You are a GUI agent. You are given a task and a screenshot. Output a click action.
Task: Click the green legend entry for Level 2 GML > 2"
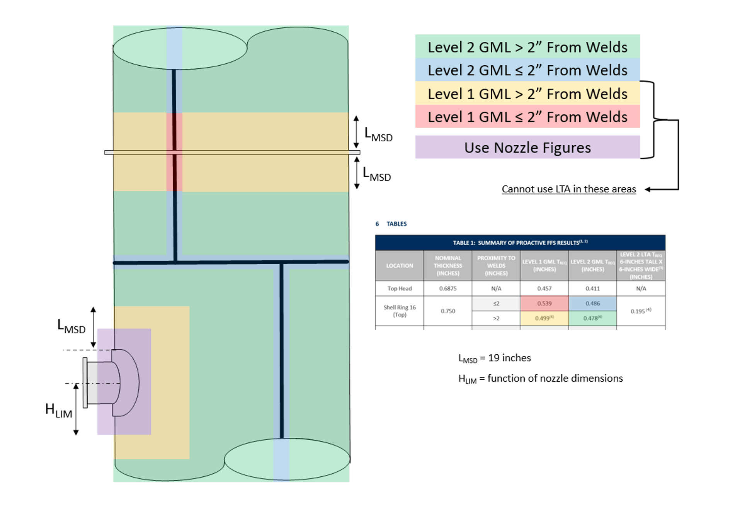point(527,47)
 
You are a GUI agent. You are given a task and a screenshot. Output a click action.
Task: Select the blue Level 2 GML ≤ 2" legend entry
point(527,70)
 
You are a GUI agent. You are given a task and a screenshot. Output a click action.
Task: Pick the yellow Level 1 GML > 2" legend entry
point(527,93)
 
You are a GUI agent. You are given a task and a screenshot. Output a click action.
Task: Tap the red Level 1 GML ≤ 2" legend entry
point(527,117)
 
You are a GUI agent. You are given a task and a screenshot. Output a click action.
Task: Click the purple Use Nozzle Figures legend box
point(527,147)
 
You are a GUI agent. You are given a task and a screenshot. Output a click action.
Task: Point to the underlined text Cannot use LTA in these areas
point(568,189)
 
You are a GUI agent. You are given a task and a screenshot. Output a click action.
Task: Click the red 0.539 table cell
point(544,303)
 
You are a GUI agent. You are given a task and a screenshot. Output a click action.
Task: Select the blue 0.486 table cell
point(592,303)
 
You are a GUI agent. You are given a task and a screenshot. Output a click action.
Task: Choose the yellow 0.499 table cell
point(544,318)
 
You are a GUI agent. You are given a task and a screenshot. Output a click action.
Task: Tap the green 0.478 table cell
point(592,318)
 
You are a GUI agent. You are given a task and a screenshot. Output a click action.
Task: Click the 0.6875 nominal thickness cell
point(447,289)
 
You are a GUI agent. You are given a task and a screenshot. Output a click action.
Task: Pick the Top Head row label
point(399,289)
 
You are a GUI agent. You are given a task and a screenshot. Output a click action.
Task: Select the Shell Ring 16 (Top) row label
point(399,311)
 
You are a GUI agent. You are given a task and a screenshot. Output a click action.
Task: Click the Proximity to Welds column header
point(496,265)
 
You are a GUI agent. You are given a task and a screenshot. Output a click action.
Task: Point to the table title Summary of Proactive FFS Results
point(520,243)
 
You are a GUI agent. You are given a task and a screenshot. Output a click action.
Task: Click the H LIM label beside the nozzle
point(58,410)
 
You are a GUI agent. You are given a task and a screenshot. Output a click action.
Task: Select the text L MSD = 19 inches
point(494,358)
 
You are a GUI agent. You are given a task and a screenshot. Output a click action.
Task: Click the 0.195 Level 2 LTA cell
point(640,311)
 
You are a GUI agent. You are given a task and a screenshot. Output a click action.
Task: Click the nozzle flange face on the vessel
point(85,382)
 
